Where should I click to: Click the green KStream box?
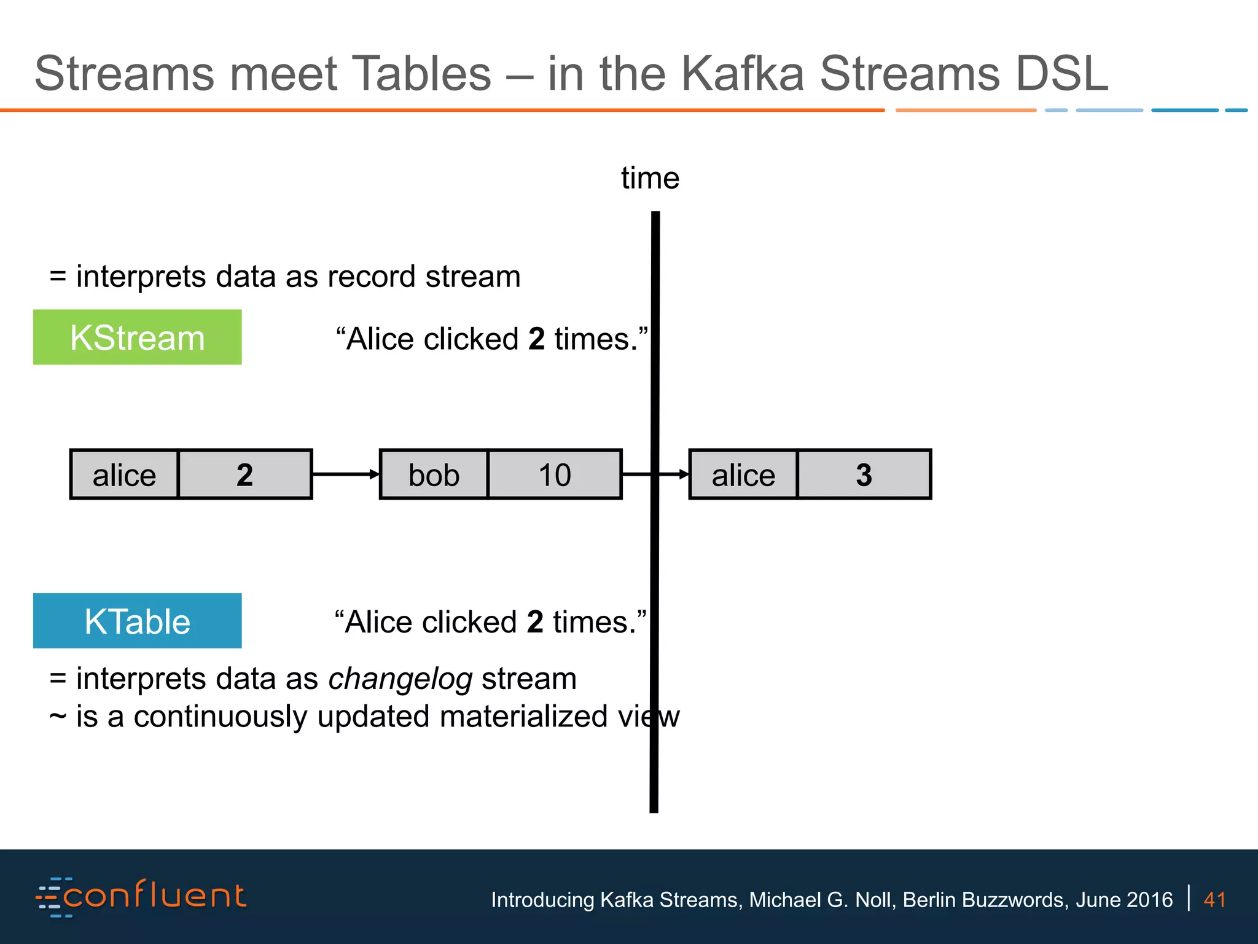(137, 337)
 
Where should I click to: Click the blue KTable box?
(137, 621)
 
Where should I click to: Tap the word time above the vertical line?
(650, 178)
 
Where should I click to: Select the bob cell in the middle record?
(434, 474)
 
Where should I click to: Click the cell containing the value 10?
(555, 474)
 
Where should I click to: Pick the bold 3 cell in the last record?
(864, 474)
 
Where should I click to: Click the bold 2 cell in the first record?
(244, 474)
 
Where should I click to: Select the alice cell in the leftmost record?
(124, 474)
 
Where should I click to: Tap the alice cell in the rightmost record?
(743, 474)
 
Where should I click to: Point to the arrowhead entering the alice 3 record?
(684, 474)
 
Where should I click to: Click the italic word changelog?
(400, 679)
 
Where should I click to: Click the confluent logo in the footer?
(141, 897)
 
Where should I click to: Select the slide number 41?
(1214, 900)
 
